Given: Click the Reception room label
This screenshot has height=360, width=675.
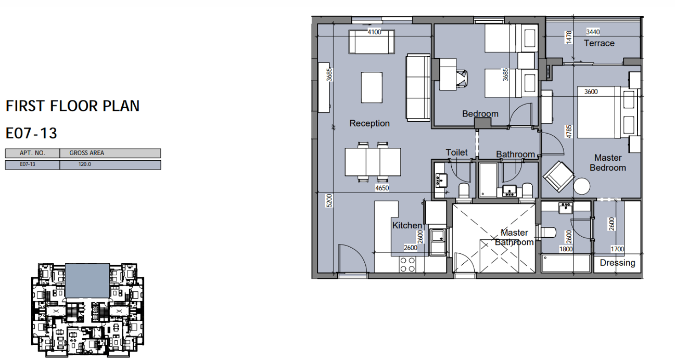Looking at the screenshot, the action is coord(370,123).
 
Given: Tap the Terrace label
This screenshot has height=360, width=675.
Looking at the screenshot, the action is coord(599,43).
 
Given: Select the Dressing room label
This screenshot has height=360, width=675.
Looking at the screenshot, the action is coord(617,263).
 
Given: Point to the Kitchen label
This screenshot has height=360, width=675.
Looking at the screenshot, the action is coord(407,225).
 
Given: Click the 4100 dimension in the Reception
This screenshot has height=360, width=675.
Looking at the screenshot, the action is coord(374,32).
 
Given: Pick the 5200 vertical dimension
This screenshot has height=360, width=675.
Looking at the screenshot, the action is coord(329,200).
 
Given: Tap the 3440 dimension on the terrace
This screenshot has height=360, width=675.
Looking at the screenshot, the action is coord(593,32).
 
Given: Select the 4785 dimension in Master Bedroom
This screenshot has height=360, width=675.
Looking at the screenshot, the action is coord(569,132).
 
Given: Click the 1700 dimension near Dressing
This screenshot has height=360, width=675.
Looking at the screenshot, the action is coord(617,249).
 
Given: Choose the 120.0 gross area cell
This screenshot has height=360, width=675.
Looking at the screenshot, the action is coord(85,164).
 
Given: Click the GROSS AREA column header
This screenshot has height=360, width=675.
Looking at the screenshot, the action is coord(87,153).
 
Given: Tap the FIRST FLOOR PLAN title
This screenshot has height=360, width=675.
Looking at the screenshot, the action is coord(73,106).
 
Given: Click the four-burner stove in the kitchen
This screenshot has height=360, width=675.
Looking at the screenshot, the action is coord(407,264).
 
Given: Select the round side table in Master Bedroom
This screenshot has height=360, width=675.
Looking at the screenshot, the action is coord(582,186).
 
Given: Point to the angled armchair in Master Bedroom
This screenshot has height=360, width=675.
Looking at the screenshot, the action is coord(558,176).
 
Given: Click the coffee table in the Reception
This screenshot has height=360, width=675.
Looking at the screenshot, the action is coord(372,87).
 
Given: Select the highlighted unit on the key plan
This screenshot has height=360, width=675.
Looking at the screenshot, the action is coord(87,281).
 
